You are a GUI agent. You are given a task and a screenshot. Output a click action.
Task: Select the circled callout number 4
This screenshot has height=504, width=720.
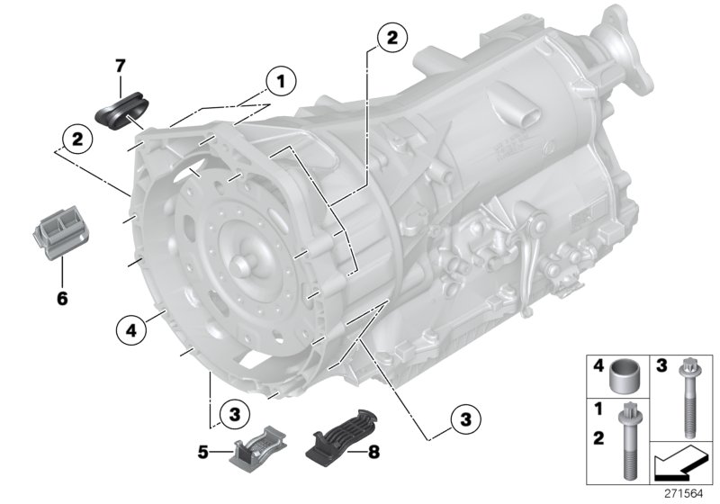tap(130, 331)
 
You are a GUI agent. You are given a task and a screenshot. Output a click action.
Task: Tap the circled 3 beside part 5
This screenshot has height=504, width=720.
tap(233, 414)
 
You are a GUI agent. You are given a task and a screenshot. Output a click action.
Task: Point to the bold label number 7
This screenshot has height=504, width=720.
tap(119, 65)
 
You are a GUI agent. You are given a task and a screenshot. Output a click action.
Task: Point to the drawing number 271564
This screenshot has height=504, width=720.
tap(686, 492)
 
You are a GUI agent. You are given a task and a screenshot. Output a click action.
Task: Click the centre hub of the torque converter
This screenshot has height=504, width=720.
tap(243, 267)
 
